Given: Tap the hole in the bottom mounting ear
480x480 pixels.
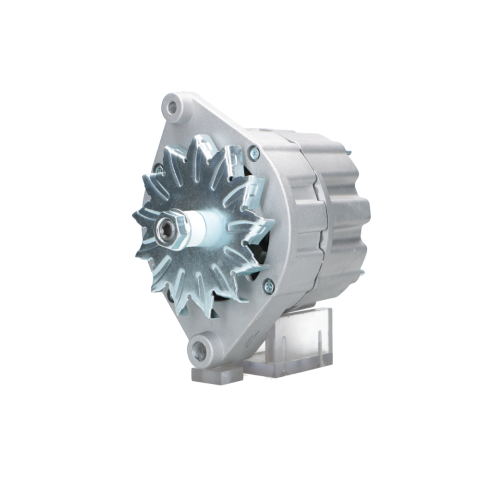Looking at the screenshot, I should (199, 352).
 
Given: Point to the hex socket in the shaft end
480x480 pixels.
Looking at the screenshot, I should (166, 228).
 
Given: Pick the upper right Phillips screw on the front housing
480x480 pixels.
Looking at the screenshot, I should (254, 153).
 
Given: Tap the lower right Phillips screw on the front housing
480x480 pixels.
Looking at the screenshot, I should (268, 287).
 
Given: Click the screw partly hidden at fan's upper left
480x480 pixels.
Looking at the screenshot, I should (158, 168).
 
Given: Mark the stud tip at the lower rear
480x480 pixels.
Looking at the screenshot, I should (362, 273).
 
